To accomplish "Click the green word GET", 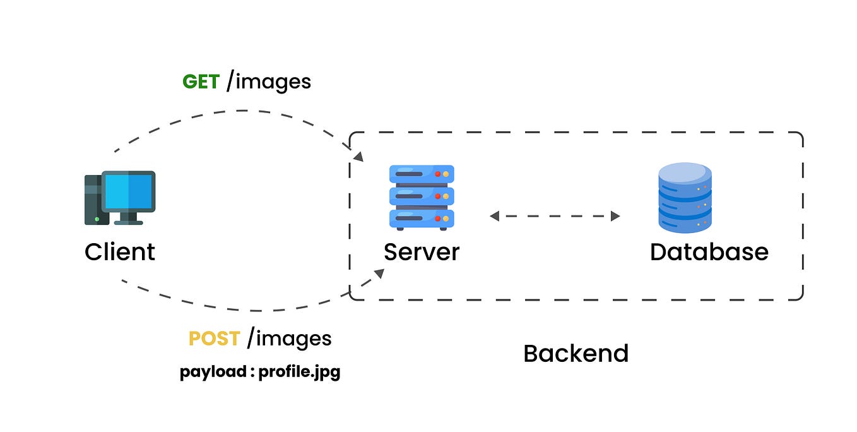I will (x=201, y=82).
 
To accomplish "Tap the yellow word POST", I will (x=214, y=339).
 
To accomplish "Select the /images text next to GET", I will (x=268, y=82).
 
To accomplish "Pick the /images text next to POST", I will (x=289, y=339).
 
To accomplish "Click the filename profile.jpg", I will (x=299, y=372).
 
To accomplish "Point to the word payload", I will (x=213, y=372).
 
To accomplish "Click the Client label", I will (x=120, y=252).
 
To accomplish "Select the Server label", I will (x=422, y=252).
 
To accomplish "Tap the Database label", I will (x=709, y=252).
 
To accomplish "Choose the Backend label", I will (x=576, y=354).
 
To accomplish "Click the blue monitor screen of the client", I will (x=129, y=191).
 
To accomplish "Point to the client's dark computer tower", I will (x=93, y=200).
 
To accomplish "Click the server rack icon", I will (x=422, y=196).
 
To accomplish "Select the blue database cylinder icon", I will (x=685, y=198).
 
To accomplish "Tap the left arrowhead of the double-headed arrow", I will (x=495, y=216).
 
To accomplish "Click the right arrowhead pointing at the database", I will (x=615, y=216).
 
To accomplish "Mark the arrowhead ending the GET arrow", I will (x=358, y=156).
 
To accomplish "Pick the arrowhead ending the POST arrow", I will (x=379, y=273).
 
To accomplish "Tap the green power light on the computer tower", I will (x=97, y=219).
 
